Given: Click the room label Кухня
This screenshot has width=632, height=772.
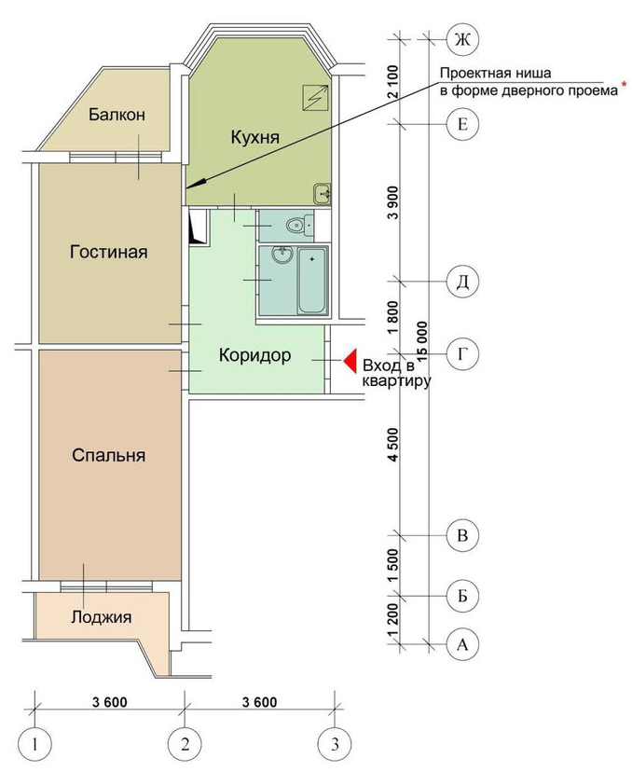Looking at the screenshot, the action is [255, 136].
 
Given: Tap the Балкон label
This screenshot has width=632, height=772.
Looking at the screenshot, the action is [117, 115].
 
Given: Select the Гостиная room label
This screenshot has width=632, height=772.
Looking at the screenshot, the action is [109, 252].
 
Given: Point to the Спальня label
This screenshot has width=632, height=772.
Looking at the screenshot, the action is [109, 455].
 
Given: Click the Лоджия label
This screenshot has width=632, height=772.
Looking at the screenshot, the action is [102, 617].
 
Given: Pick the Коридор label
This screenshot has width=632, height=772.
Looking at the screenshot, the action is [255, 355].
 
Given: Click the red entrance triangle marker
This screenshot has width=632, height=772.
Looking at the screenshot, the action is [350, 361].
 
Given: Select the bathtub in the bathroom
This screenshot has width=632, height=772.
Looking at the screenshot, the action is [312, 281].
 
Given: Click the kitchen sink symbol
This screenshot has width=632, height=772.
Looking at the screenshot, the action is [323, 193].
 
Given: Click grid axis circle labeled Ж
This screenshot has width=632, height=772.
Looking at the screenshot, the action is [462, 39].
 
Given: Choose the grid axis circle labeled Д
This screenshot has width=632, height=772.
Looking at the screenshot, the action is [462, 282].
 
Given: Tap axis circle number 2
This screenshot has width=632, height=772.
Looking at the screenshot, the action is [185, 743].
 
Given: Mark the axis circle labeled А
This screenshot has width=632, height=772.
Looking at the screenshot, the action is [462, 644].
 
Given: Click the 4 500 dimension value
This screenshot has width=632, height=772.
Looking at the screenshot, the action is [393, 445].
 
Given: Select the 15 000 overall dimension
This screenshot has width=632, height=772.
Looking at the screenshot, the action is [422, 343].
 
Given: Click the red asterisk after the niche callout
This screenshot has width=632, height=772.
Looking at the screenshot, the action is [625, 85].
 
